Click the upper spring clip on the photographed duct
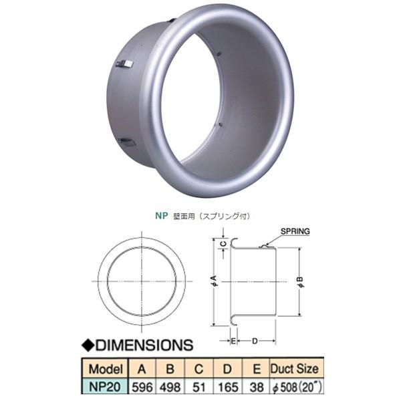point(124,64)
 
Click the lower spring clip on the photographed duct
point(126,142)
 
